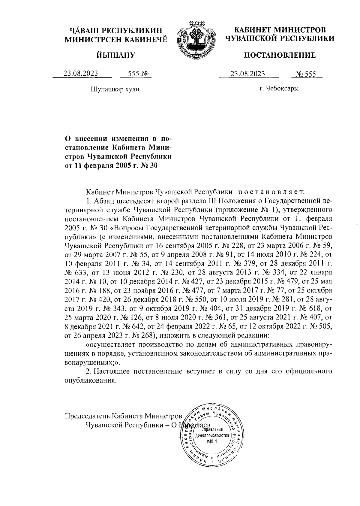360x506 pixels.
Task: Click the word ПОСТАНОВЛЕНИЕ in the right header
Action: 280,55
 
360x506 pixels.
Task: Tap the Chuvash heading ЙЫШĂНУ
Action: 116,55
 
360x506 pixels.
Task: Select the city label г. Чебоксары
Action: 279,88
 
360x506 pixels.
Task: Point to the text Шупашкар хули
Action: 115,89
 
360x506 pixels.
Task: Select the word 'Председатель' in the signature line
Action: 87,416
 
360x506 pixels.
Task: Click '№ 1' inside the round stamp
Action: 212,442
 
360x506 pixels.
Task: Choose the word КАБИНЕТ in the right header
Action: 253,30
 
